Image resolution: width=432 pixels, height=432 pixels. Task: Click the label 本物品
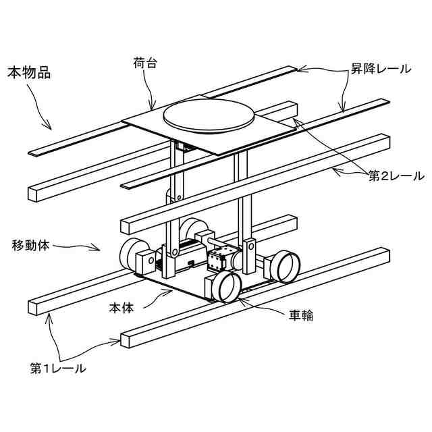click(x=28, y=72)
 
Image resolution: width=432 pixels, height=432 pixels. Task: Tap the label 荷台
click(x=146, y=63)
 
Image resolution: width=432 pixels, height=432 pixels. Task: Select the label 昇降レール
click(x=379, y=69)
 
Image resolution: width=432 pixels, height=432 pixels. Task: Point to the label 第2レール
click(x=396, y=176)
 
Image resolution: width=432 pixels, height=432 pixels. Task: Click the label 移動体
click(x=31, y=244)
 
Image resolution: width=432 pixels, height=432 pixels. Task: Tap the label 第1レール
click(x=57, y=369)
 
